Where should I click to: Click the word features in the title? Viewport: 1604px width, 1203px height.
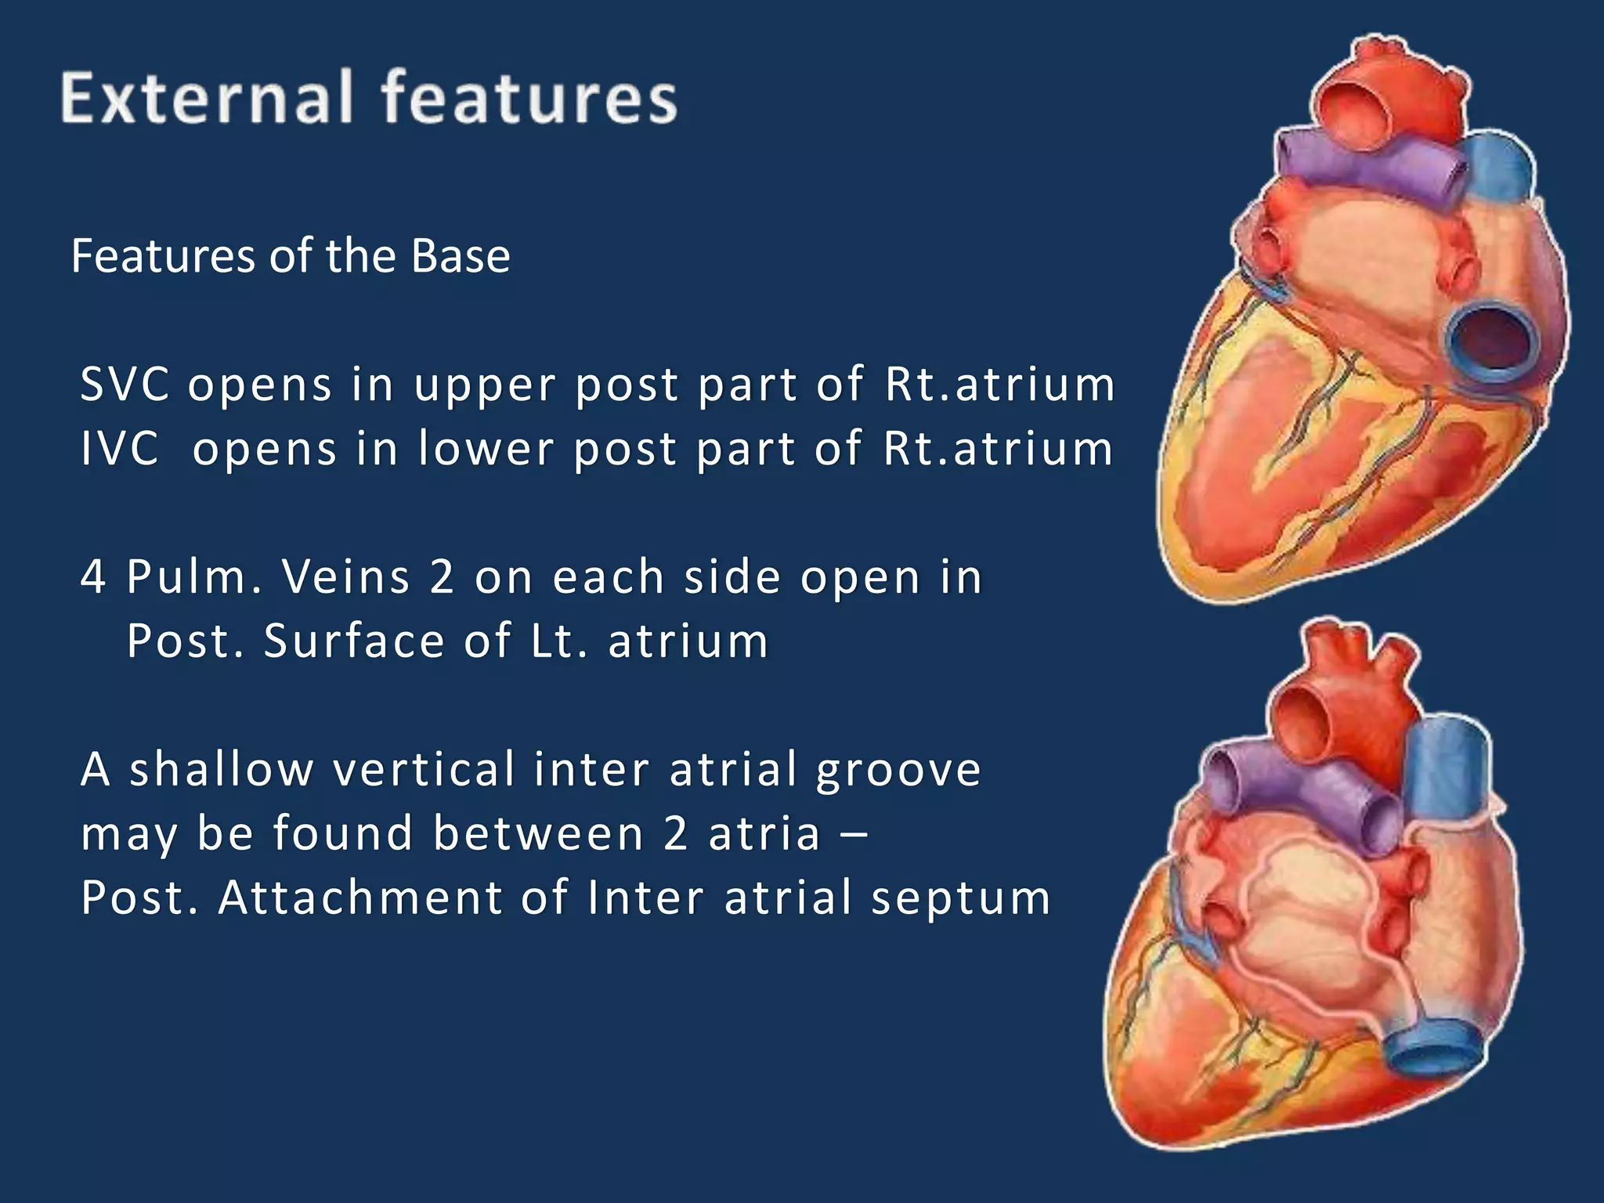click(x=529, y=98)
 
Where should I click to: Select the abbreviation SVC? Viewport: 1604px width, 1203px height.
click(x=125, y=385)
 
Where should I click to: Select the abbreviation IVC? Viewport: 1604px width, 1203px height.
click(x=120, y=449)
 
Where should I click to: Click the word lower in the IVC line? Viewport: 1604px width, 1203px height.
click(x=487, y=449)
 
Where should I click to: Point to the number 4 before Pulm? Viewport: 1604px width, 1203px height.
click(x=93, y=577)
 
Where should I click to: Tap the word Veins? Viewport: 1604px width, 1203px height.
click(x=345, y=577)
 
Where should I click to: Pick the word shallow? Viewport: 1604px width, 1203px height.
click(x=221, y=769)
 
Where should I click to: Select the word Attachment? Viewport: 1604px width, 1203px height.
click(x=359, y=898)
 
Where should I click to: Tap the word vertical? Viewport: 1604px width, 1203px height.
click(x=424, y=769)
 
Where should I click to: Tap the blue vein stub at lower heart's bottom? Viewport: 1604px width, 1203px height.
click(x=1435, y=1046)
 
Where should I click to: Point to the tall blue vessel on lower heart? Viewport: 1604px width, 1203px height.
click(x=1446, y=775)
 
